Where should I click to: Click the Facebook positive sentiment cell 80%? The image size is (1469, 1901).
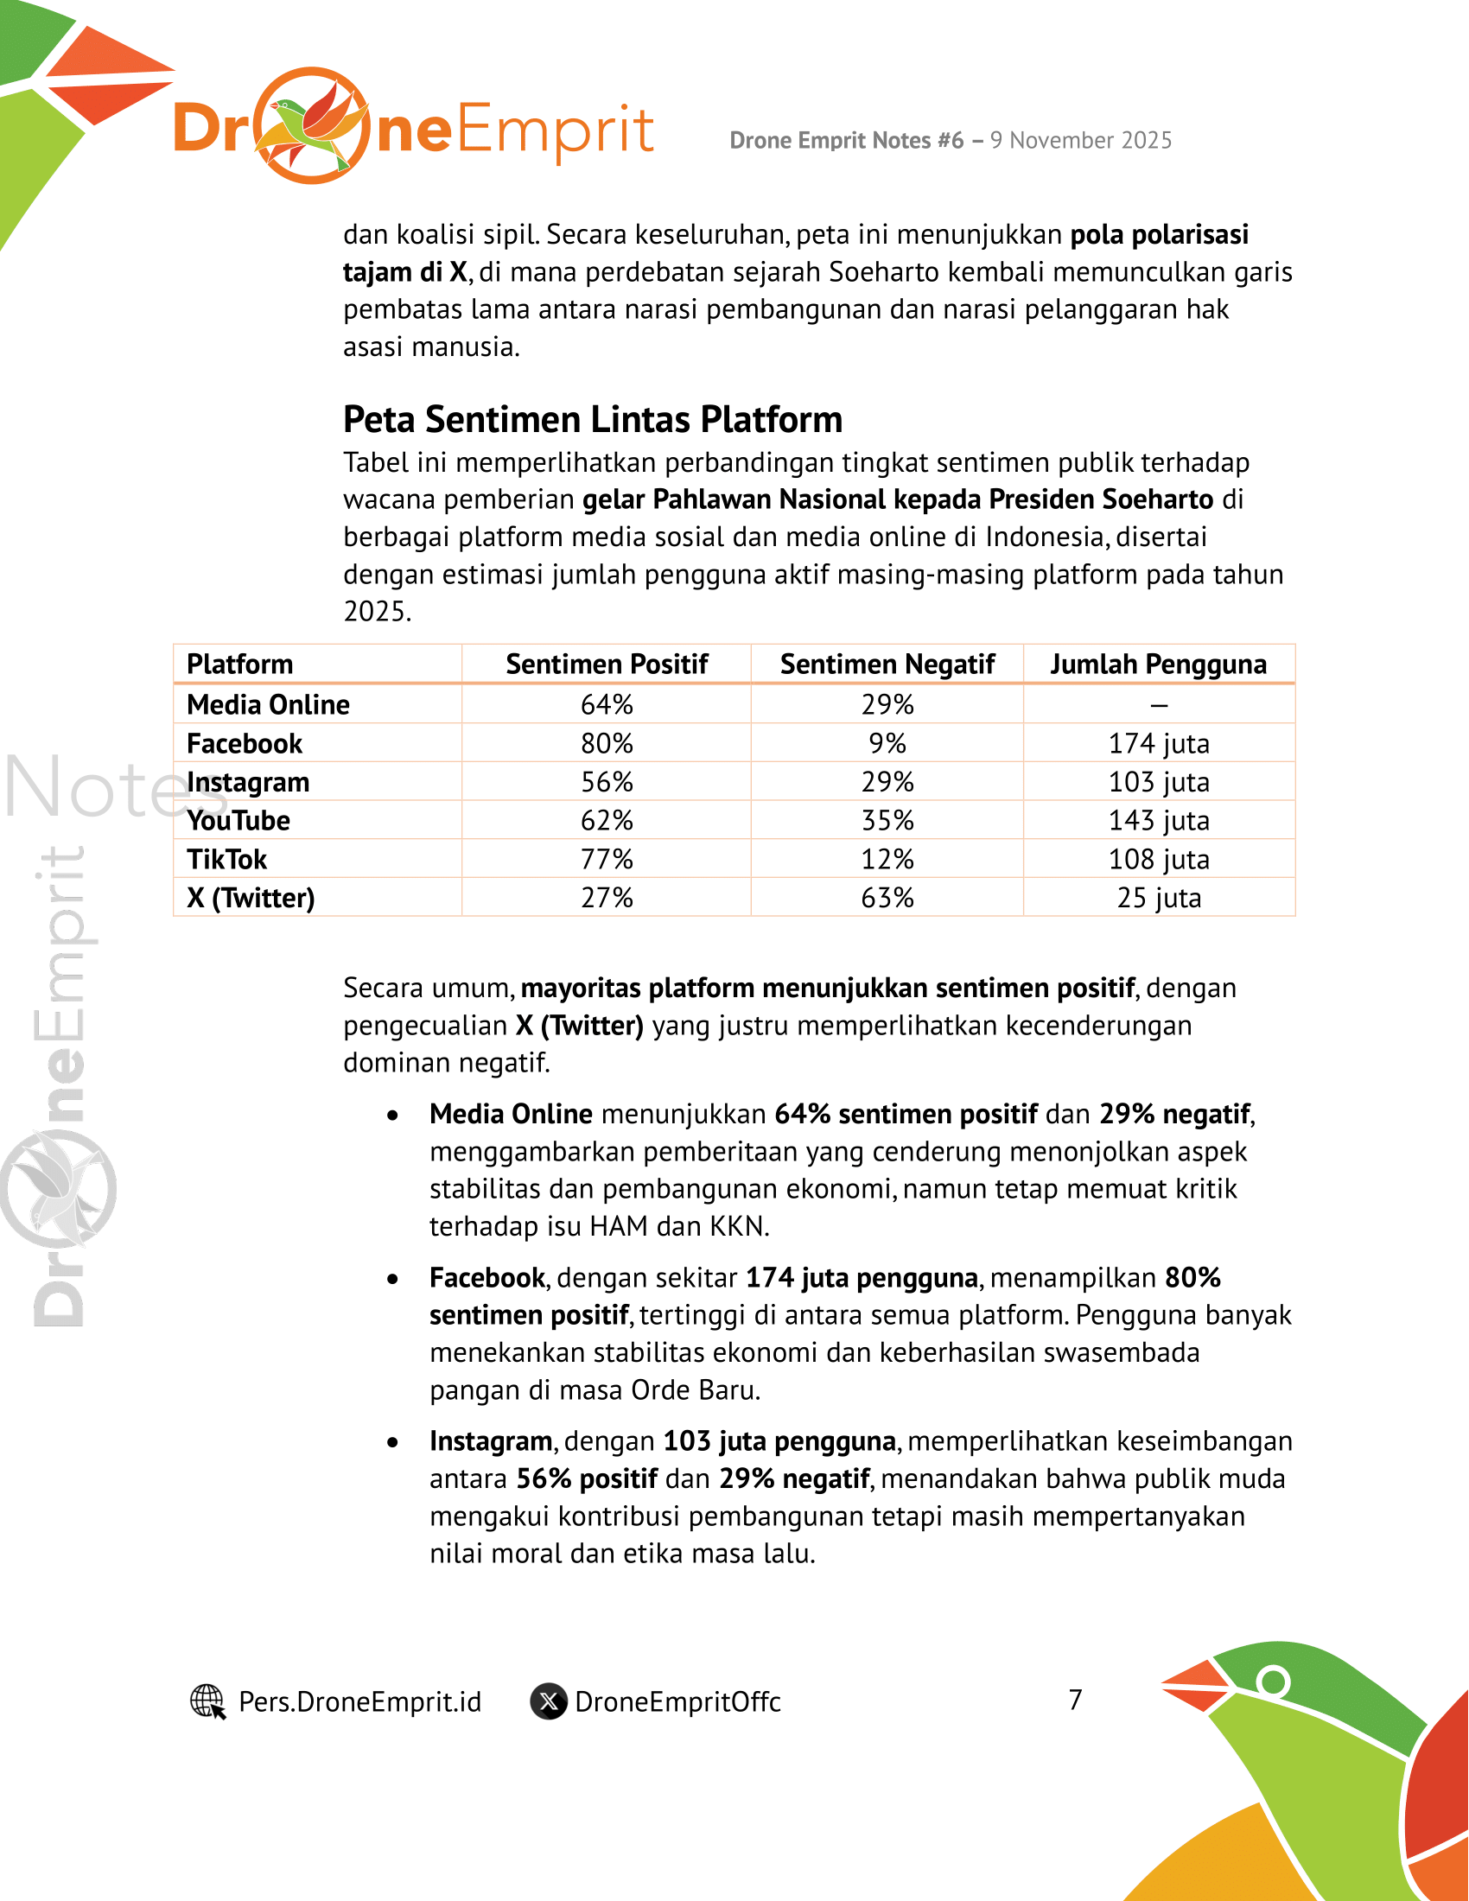point(607,743)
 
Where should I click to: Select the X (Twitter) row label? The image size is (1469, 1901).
point(251,898)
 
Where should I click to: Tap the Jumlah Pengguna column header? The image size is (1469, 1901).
point(1157,664)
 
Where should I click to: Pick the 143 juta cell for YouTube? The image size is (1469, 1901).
point(1158,820)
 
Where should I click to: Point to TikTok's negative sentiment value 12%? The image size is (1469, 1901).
point(887,859)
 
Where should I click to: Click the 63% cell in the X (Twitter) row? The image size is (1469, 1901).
point(887,898)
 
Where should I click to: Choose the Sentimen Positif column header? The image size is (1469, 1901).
point(607,664)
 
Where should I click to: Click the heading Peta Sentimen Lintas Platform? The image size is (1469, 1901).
point(593,420)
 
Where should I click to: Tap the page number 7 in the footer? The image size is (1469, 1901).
point(1076,1699)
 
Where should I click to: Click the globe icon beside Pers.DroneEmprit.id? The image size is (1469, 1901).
point(208,1701)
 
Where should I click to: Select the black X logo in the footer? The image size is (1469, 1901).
point(549,1701)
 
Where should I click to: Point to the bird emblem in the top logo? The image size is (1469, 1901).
point(312,125)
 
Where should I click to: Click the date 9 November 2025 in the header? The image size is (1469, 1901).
point(1081,140)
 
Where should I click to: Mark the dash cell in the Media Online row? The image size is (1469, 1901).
point(1158,705)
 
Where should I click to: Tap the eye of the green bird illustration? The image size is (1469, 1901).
point(1273,1680)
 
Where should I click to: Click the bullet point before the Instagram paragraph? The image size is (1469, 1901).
point(393,1442)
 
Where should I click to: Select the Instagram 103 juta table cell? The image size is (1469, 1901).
point(1158,782)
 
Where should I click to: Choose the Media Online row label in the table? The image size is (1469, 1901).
point(268,704)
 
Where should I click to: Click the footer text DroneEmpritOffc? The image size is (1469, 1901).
point(678,1701)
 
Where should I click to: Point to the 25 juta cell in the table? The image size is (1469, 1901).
point(1158,898)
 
